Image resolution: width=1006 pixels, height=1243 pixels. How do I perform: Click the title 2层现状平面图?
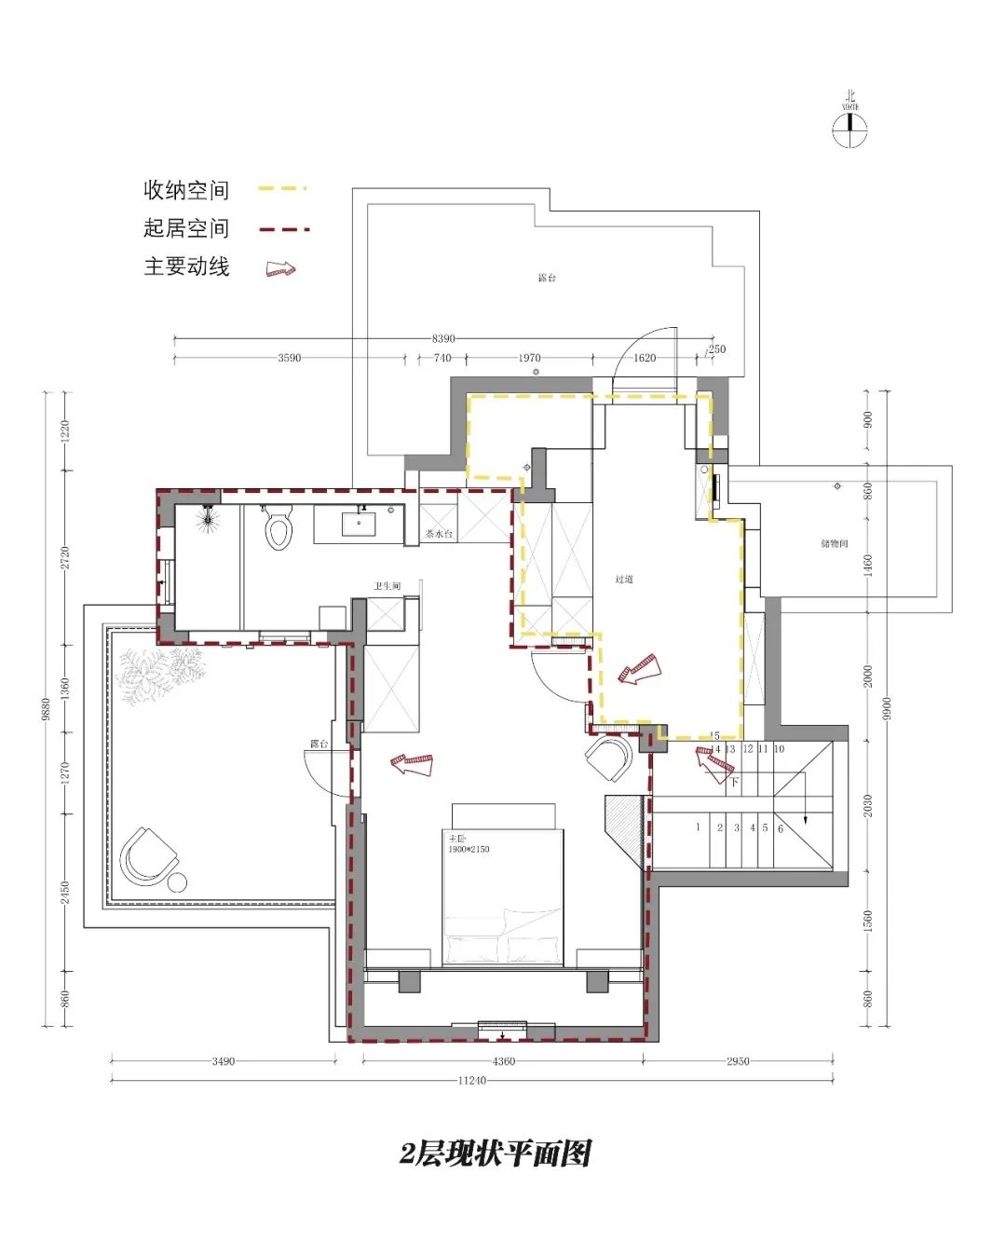(x=496, y=1154)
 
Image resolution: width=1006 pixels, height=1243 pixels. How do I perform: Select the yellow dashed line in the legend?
(x=281, y=189)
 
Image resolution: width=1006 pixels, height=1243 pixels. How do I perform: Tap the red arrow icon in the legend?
(x=280, y=268)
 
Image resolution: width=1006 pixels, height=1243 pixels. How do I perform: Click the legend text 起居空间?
(x=185, y=228)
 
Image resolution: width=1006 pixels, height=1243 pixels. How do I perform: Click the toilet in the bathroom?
(x=278, y=527)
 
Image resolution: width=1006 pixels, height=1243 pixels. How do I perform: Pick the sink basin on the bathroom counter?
(x=359, y=524)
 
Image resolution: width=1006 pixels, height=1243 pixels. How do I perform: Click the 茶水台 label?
(x=439, y=534)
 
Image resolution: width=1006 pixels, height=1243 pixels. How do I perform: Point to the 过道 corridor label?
(x=624, y=579)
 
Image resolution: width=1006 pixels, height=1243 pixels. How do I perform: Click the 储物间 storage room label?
(x=834, y=543)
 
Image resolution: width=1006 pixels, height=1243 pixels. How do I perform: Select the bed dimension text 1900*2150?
(x=469, y=849)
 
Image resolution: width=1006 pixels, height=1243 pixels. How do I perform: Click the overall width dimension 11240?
(x=472, y=1081)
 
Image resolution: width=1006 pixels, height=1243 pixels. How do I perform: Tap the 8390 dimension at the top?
(x=443, y=338)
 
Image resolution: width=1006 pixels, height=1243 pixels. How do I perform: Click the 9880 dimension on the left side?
(x=46, y=708)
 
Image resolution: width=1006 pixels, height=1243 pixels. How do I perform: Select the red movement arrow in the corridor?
(x=639, y=669)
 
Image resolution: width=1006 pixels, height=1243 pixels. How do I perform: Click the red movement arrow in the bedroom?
(x=412, y=764)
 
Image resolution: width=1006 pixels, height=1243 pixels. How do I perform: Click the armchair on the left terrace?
(x=148, y=856)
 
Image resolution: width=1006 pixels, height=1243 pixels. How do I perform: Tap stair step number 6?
(x=781, y=828)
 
